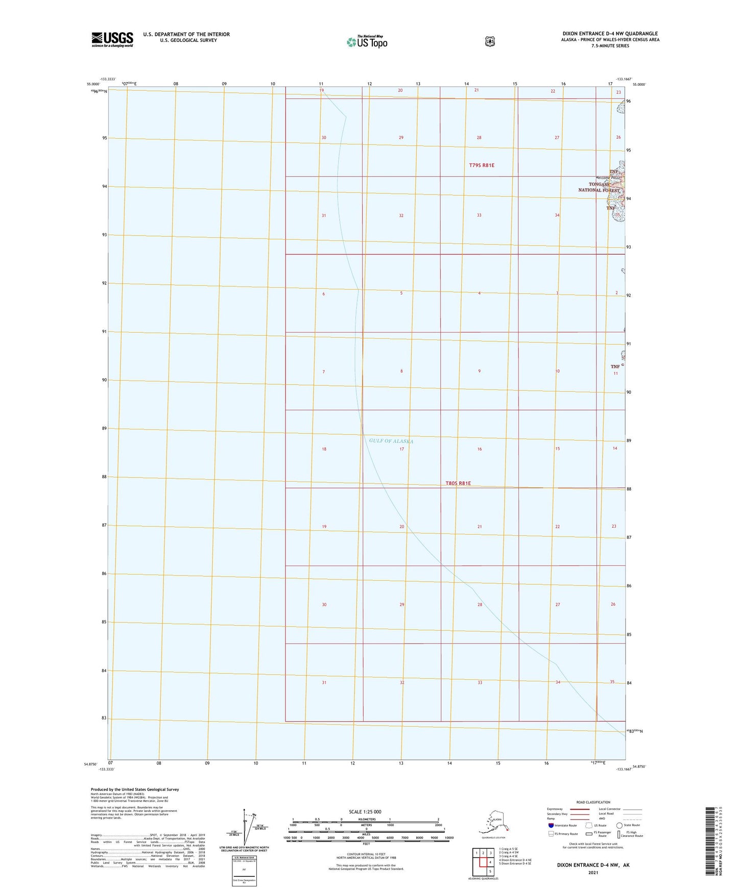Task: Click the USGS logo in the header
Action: point(112,39)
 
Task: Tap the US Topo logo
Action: point(366,42)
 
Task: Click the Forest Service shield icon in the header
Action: point(490,41)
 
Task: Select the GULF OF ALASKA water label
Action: point(391,441)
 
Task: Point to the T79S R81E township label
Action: point(482,165)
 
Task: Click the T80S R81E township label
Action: point(458,483)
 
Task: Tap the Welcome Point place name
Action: point(608,178)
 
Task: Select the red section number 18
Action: point(324,449)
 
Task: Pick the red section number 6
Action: point(323,294)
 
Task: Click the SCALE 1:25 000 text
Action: point(365,811)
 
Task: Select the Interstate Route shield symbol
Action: point(551,825)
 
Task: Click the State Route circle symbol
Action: point(619,825)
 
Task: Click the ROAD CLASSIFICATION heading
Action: point(593,802)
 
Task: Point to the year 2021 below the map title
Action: point(593,872)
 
